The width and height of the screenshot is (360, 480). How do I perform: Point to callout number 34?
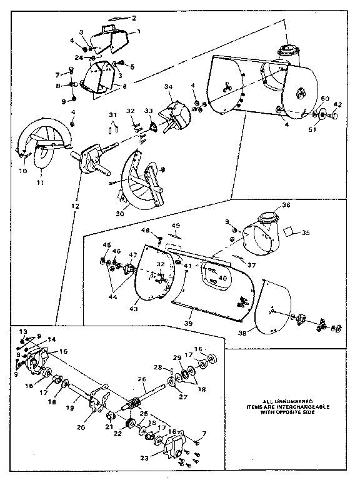pyautogui.click(x=167, y=87)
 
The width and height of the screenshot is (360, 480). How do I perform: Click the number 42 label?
pyautogui.click(x=337, y=105)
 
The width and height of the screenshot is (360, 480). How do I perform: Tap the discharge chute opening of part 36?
pyautogui.click(x=269, y=218)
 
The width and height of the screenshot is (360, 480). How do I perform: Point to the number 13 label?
pyautogui.click(x=23, y=331)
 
